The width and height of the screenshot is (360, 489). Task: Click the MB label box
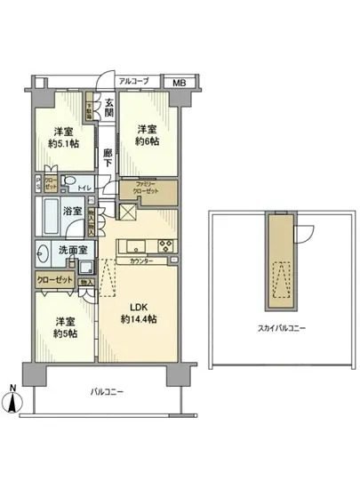pyautogui.click(x=180, y=80)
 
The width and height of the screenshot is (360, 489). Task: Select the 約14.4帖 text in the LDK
pyautogui.click(x=140, y=317)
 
